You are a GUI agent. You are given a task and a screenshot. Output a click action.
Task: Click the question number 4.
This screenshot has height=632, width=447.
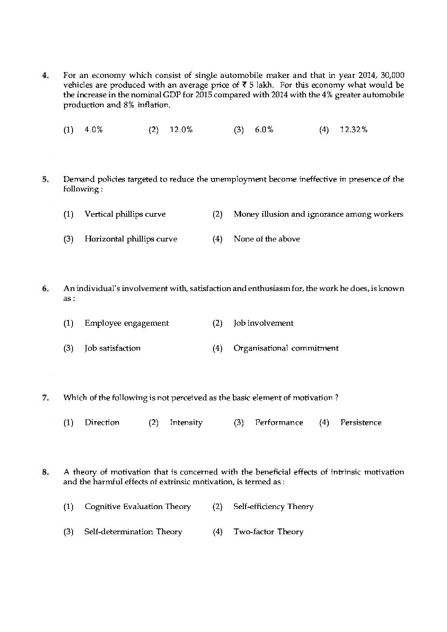pos(45,76)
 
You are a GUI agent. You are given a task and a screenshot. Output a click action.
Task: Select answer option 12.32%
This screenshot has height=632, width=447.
pos(353,130)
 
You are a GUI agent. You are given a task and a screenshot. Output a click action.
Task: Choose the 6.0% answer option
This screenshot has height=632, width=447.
pos(264,130)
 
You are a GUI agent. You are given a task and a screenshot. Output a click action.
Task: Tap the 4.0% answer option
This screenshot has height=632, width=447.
pos(93,130)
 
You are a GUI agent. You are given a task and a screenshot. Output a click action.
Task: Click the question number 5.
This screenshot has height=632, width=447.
pos(45,179)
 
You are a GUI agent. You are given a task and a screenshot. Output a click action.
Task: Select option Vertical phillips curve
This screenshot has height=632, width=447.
pos(125,214)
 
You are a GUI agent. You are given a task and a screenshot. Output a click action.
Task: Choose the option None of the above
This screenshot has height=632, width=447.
pos(266,239)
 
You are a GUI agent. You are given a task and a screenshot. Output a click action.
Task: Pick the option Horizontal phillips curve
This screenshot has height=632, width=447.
pos(131,239)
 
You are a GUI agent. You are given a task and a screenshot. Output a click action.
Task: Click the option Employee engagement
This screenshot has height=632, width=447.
pos(127,323)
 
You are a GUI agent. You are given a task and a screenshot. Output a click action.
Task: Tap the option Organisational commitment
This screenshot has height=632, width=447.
pos(286,348)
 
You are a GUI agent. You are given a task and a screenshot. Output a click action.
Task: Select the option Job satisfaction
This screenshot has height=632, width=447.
pos(112,348)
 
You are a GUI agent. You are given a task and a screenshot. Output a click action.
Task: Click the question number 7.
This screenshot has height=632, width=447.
pos(45,398)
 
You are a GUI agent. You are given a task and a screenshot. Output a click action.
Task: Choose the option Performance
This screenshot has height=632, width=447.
pos(279,423)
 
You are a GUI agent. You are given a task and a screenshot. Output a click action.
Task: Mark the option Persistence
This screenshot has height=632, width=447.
pos(360,423)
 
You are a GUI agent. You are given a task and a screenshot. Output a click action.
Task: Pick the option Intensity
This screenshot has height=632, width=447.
pos(186,423)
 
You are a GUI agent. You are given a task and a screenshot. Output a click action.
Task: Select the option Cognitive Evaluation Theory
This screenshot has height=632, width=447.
pos(137,507)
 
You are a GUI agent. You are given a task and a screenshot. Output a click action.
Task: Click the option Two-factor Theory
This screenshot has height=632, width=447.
pos(268,532)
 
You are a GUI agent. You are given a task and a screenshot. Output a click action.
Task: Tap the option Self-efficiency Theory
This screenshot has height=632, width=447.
pos(273,507)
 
